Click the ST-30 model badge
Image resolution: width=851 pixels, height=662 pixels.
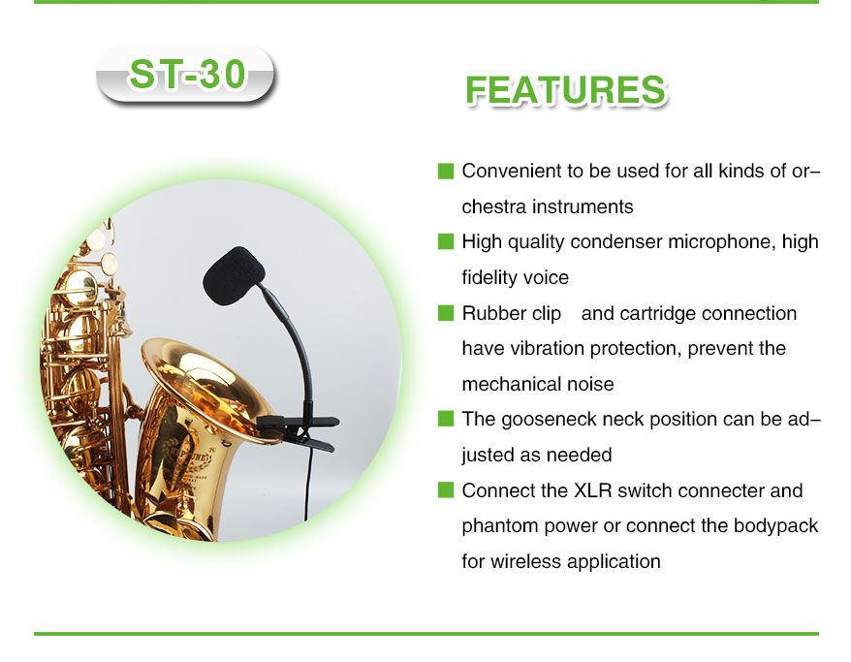coord(186,75)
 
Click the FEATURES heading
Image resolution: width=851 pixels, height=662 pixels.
coord(566,90)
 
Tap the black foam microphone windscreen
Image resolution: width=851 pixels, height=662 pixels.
coord(234,275)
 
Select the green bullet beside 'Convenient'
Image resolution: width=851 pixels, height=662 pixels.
coord(446,171)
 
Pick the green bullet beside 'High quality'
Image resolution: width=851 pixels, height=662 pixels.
coord(446,241)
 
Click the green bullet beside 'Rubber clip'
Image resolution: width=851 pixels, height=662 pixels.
coord(446,313)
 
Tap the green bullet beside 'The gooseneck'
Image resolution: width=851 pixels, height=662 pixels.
coord(446,419)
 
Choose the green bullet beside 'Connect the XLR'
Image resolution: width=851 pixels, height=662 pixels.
coord(446,490)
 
